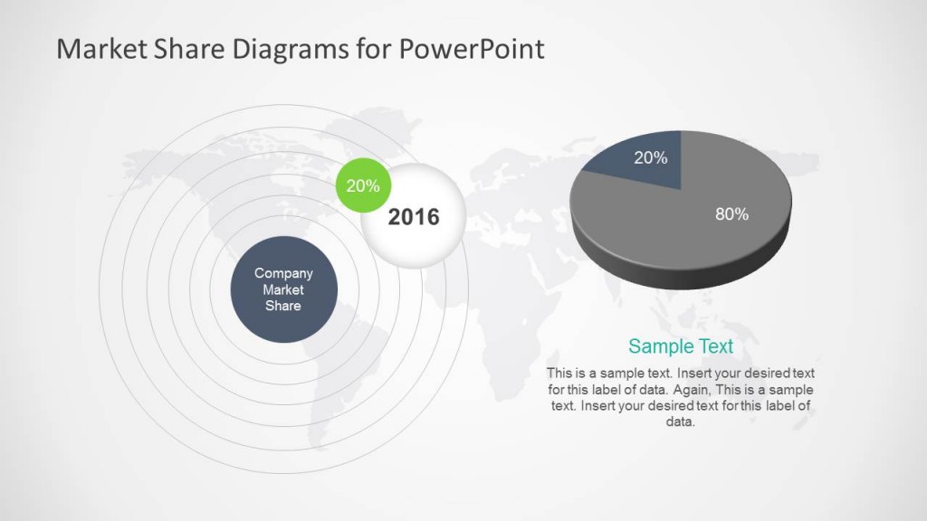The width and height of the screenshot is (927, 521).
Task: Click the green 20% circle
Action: pyautogui.click(x=363, y=187)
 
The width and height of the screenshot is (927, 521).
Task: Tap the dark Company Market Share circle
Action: pyautogui.click(x=283, y=290)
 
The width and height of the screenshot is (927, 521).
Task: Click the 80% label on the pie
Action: pyautogui.click(x=731, y=214)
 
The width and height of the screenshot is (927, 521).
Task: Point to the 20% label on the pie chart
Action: pyautogui.click(x=650, y=158)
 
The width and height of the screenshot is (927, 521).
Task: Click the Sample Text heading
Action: pyautogui.click(x=680, y=346)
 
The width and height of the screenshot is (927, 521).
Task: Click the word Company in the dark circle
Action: pyautogui.click(x=283, y=273)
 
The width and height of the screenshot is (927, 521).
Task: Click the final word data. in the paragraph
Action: pyautogui.click(x=680, y=422)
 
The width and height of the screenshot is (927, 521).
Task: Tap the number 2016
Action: pyautogui.click(x=414, y=217)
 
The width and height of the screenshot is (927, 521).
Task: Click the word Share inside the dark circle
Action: pyautogui.click(x=283, y=306)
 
